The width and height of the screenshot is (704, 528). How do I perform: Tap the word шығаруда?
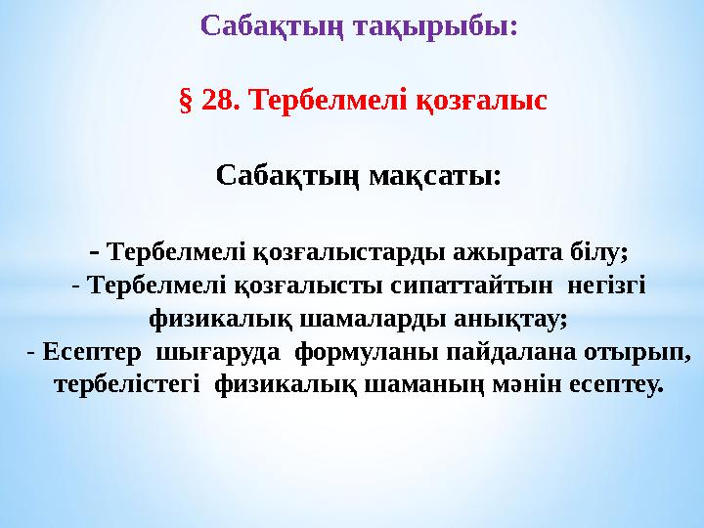tap(216, 351)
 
